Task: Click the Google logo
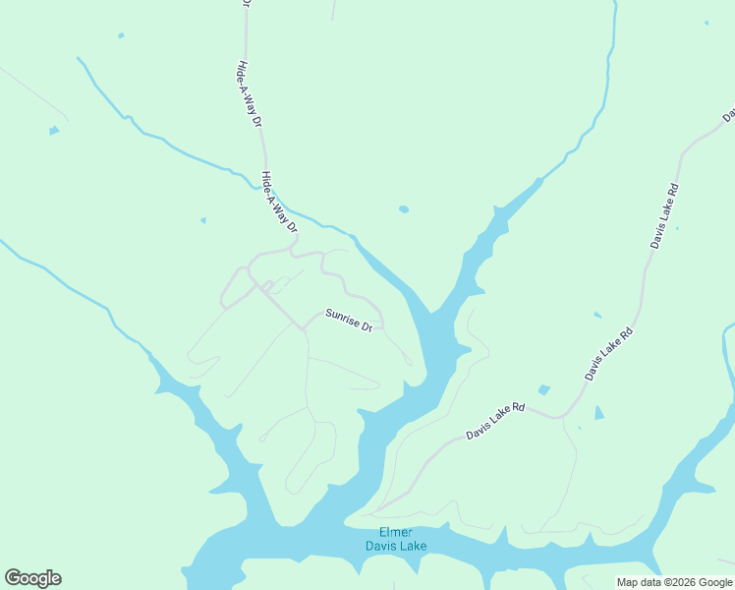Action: tap(32, 578)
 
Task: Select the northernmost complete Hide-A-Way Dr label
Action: tap(249, 96)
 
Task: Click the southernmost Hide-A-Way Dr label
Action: tap(278, 202)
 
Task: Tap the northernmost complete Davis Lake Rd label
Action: tap(665, 214)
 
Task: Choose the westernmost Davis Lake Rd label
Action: tap(495, 420)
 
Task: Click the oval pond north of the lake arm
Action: tap(403, 208)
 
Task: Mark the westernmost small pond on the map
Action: tap(53, 130)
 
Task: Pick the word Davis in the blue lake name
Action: tap(380, 545)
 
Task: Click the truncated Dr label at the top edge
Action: tap(246, 5)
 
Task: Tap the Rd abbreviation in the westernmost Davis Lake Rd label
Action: tap(517, 407)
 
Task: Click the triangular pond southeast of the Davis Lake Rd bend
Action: tap(598, 413)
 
